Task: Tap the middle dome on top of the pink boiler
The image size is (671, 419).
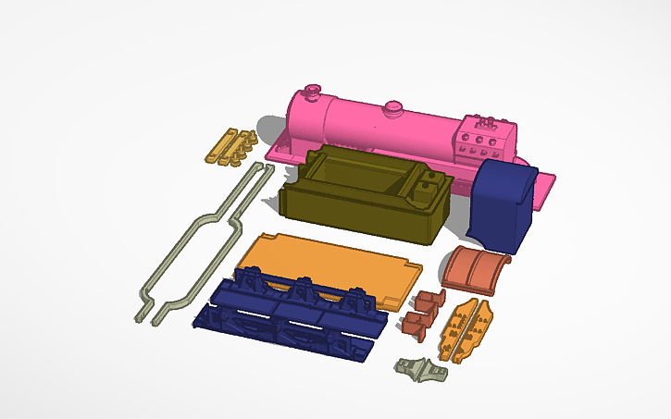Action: pyautogui.click(x=393, y=108)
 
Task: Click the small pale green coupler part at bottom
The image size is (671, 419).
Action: pyautogui.click(x=421, y=369)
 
